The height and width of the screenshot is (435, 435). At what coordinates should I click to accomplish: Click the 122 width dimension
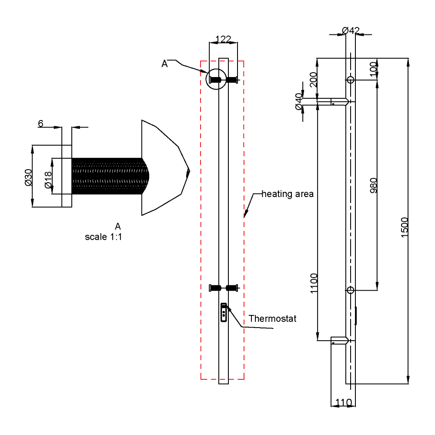click(x=224, y=39)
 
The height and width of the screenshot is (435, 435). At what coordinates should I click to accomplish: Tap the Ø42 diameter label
click(x=351, y=30)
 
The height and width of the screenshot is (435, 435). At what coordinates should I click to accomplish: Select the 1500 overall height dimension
click(x=404, y=227)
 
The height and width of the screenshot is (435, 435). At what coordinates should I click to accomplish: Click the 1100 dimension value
click(x=315, y=284)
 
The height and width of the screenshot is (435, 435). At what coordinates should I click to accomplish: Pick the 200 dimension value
click(x=313, y=80)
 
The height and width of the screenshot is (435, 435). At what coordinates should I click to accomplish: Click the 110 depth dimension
click(x=344, y=403)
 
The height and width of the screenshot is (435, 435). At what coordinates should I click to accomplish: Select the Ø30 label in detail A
click(x=29, y=177)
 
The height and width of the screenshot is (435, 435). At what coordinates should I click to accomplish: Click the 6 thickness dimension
click(x=40, y=124)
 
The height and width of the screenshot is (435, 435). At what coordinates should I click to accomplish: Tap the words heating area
click(x=287, y=194)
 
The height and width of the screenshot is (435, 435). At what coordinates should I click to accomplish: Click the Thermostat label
click(x=272, y=318)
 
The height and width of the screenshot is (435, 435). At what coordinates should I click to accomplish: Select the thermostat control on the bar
click(x=224, y=312)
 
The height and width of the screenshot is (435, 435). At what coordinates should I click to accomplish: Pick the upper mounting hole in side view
click(x=351, y=80)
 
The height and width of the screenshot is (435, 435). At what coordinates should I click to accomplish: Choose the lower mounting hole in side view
click(x=351, y=290)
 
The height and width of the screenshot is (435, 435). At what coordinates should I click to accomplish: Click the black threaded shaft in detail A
click(x=109, y=176)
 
